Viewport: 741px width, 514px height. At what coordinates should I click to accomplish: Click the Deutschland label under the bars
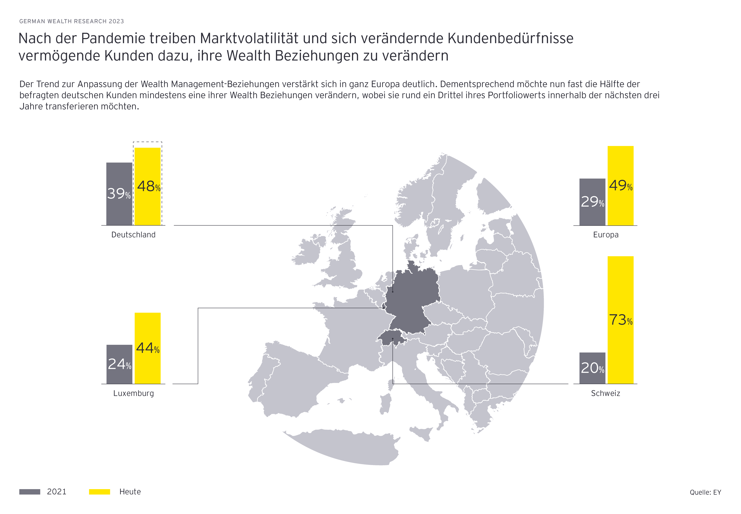133,235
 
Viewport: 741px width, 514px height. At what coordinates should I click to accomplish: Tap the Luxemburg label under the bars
134,393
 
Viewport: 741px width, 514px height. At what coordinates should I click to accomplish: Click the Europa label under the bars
606,235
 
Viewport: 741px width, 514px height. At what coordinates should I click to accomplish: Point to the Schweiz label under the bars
605,393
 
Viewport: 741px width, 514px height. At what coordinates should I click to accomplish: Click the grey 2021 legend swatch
30,492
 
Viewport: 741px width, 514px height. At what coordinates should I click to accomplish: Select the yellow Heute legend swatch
99,492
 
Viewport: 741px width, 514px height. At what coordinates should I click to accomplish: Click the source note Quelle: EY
705,492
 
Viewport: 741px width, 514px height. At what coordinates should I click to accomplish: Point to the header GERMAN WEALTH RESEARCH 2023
72,21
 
